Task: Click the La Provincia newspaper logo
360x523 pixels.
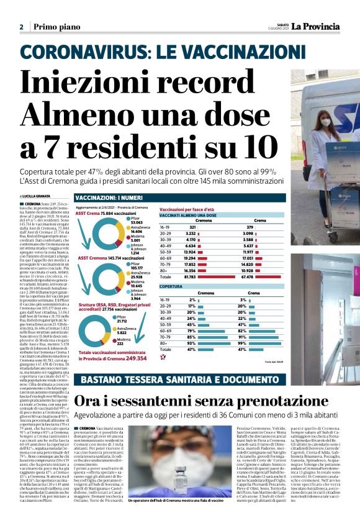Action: coord(317,26)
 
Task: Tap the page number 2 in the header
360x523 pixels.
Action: coord(21,27)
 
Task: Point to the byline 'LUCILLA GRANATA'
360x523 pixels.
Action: coord(40,196)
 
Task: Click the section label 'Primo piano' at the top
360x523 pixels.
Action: coord(53,27)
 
